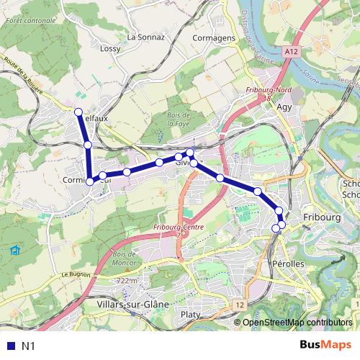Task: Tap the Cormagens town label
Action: pyautogui.click(x=215, y=37)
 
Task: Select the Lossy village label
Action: pyautogui.click(x=110, y=49)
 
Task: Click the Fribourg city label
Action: pyautogui.click(x=320, y=216)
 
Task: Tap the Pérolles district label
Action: pyautogui.click(x=289, y=264)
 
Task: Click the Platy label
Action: pyautogui.click(x=191, y=314)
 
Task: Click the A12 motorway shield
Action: pyautogui.click(x=291, y=52)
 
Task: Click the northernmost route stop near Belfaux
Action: pyautogui.click(x=78, y=111)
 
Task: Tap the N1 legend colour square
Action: pyautogui.click(x=10, y=346)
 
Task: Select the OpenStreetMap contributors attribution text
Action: pyautogui.click(x=297, y=322)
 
